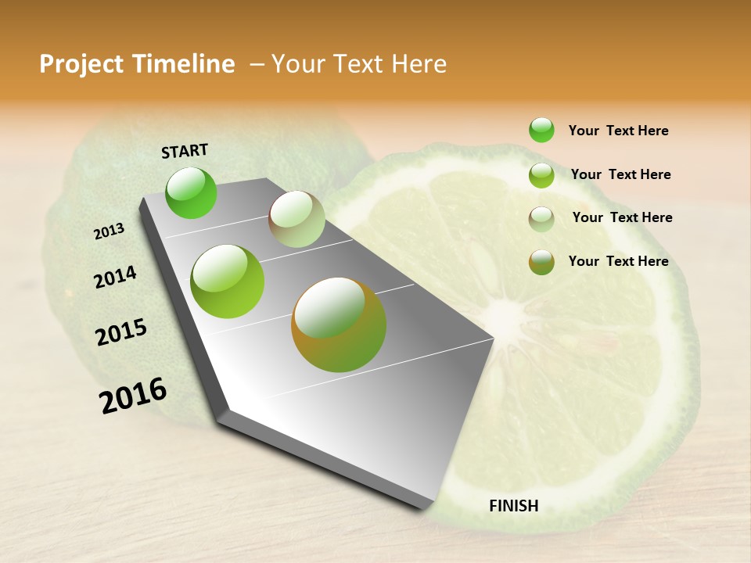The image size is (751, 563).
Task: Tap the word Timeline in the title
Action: click(185, 64)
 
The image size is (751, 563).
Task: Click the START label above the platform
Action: click(185, 151)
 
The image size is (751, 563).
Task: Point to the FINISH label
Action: click(514, 506)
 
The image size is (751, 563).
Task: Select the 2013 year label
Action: click(110, 231)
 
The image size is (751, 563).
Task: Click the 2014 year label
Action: click(116, 277)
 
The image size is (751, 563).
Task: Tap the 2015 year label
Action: click(121, 332)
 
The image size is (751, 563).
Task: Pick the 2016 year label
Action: click(133, 396)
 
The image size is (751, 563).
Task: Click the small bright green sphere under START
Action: click(192, 193)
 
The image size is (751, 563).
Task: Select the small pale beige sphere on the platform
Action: click(296, 219)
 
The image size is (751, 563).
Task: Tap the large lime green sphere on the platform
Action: click(228, 281)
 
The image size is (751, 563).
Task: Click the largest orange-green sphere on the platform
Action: click(339, 325)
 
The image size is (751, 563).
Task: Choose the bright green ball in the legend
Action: click(541, 130)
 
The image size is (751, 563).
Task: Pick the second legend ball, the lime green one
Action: click(541, 175)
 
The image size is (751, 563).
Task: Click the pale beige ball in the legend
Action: click(541, 218)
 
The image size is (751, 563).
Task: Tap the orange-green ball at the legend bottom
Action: click(541, 262)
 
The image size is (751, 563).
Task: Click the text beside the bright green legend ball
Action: click(619, 131)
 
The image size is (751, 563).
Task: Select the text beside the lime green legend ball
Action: click(621, 174)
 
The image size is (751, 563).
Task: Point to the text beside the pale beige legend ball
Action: click(623, 217)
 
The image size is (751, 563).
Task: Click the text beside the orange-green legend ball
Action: click(619, 261)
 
